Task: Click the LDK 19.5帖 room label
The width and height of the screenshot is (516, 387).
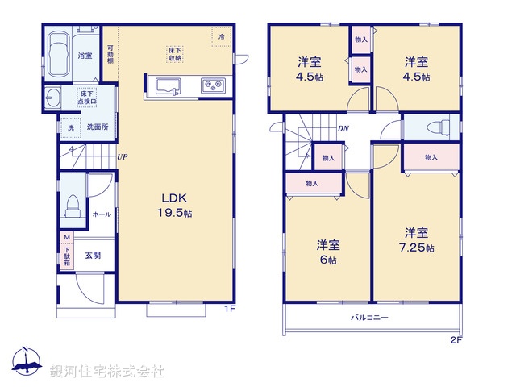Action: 176,206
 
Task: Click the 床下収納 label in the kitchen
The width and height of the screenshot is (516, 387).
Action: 174,55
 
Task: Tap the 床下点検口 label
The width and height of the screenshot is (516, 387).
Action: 87,98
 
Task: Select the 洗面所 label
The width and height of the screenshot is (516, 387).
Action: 98,127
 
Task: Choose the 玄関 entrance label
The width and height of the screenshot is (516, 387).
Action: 93,256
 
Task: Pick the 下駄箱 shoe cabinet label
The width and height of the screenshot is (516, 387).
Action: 68,256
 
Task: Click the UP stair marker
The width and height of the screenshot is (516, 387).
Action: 122,157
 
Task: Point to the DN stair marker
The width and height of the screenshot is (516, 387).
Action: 343,129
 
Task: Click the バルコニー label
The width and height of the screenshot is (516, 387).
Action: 368,318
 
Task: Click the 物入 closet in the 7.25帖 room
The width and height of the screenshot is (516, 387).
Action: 431,156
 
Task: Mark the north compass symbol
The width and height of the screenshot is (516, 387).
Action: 25,364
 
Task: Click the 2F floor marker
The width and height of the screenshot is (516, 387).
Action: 456,340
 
